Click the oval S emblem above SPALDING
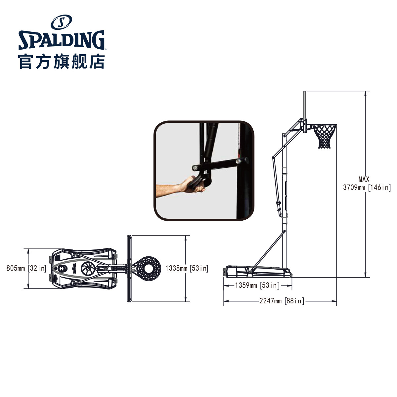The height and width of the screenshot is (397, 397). (61, 22)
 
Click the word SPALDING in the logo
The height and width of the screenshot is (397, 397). (62, 40)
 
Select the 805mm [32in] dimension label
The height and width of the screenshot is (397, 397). (26, 268)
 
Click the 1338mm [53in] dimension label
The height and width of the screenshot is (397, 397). (187, 268)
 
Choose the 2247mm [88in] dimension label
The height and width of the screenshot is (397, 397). (282, 301)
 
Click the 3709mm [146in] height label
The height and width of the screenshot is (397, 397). (367, 188)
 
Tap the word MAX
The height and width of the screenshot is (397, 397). (364, 179)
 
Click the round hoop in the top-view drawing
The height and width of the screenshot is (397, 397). (148, 268)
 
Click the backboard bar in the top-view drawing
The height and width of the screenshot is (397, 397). (129, 268)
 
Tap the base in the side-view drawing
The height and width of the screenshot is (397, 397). (257, 272)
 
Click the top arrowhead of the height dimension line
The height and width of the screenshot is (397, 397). (365, 93)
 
